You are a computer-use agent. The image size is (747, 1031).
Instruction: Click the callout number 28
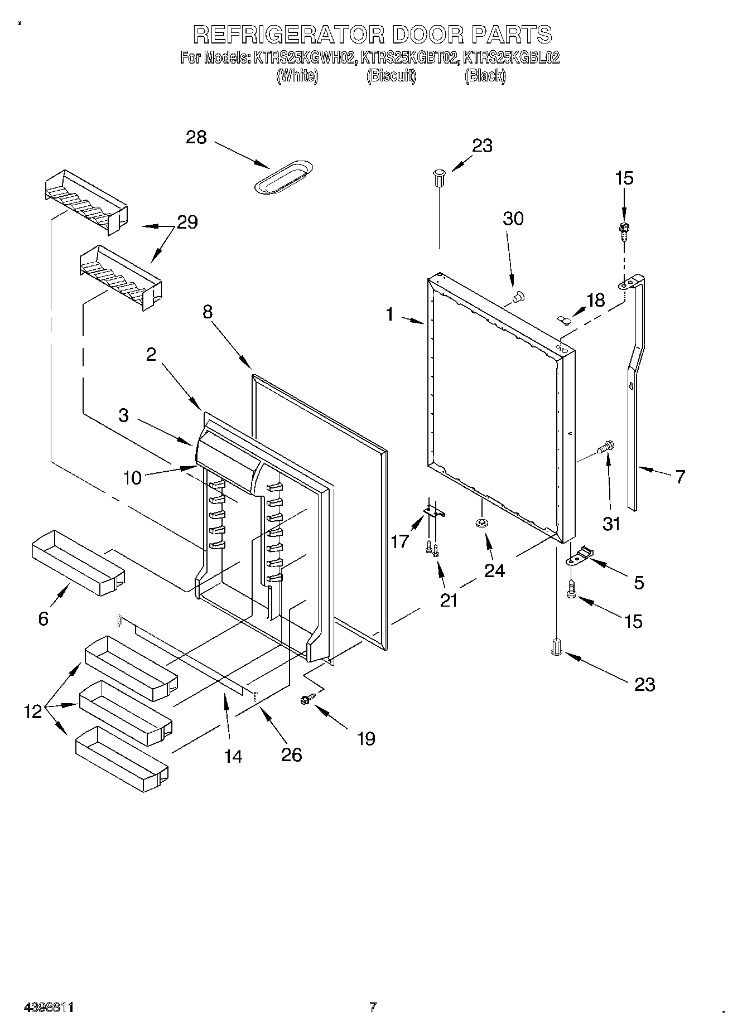click(196, 137)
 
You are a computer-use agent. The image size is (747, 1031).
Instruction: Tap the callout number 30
click(513, 219)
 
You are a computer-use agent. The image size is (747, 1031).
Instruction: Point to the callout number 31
click(612, 524)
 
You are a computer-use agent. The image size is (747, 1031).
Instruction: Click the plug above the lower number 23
click(557, 647)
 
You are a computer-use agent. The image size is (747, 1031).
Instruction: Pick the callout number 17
click(400, 541)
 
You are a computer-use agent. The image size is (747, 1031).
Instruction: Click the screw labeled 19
click(309, 698)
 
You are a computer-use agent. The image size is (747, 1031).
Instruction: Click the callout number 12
click(33, 711)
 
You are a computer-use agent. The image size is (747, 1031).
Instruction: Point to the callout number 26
click(292, 755)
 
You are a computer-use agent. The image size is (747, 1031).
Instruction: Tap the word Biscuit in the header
click(391, 76)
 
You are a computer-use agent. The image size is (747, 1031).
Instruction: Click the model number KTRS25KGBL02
click(512, 57)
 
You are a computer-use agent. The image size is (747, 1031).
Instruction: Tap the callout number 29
click(187, 222)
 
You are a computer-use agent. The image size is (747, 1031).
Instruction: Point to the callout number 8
click(208, 312)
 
